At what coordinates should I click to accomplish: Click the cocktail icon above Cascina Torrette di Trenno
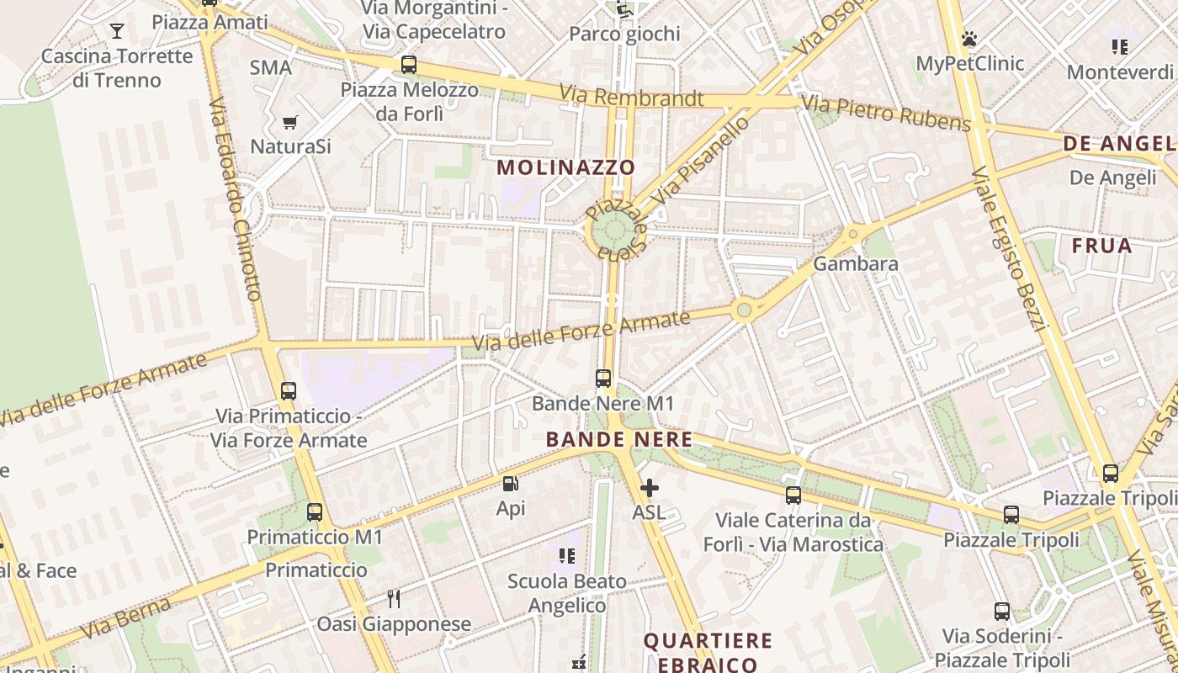[116, 32]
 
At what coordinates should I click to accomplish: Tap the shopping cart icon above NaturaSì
[290, 123]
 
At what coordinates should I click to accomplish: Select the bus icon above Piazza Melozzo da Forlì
[409, 64]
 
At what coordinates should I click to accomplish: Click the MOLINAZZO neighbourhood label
[565, 167]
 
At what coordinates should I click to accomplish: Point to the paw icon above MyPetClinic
[969, 39]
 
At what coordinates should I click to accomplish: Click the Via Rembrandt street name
[631, 96]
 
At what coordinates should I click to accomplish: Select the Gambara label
[855, 263]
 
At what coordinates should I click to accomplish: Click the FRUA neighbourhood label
[1101, 246]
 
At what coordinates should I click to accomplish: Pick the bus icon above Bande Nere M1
[603, 379]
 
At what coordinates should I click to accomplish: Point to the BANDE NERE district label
[619, 439]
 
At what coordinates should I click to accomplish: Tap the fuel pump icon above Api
[510, 484]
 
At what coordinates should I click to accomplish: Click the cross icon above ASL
[649, 487]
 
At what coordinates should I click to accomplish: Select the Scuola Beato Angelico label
[567, 593]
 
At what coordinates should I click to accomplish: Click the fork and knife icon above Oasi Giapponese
[394, 598]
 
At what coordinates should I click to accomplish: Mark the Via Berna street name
[126, 617]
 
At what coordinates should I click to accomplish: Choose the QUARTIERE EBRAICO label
[708, 652]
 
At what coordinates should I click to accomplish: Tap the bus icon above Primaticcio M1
[315, 511]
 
